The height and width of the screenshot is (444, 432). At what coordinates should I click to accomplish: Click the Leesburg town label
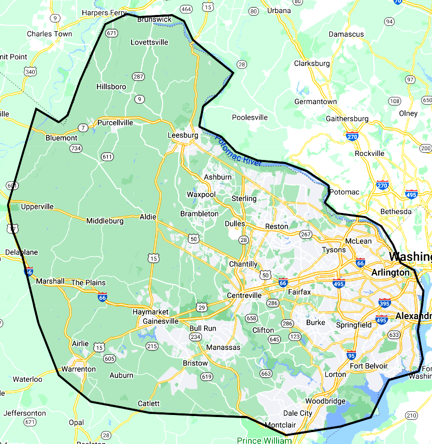[183, 135]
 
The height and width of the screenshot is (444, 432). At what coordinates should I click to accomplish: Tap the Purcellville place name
[115, 123]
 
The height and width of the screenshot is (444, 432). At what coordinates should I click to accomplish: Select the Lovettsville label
[149, 42]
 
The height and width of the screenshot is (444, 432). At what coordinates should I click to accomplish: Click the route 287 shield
[138, 76]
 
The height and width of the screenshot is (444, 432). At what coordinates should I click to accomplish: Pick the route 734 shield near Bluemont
[76, 148]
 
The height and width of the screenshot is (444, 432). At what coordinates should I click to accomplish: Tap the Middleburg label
[105, 221]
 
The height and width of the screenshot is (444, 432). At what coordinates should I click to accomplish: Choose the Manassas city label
[223, 347]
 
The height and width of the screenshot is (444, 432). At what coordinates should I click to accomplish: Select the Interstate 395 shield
[384, 303]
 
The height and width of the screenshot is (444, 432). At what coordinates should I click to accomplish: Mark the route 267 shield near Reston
[306, 235]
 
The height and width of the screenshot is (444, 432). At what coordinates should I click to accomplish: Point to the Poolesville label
[250, 118]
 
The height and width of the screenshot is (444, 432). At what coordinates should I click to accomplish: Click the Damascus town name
[347, 34]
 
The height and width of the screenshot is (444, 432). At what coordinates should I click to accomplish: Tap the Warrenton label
[78, 369]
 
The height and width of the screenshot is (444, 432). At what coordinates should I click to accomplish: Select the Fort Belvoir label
[368, 366]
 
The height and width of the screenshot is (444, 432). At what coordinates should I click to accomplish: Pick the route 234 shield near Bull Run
[195, 337]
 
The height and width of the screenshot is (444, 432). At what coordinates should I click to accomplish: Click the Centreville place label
[244, 295]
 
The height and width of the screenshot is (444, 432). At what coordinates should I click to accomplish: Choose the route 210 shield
[411, 415]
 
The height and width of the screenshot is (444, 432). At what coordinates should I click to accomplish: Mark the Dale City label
[298, 413]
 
